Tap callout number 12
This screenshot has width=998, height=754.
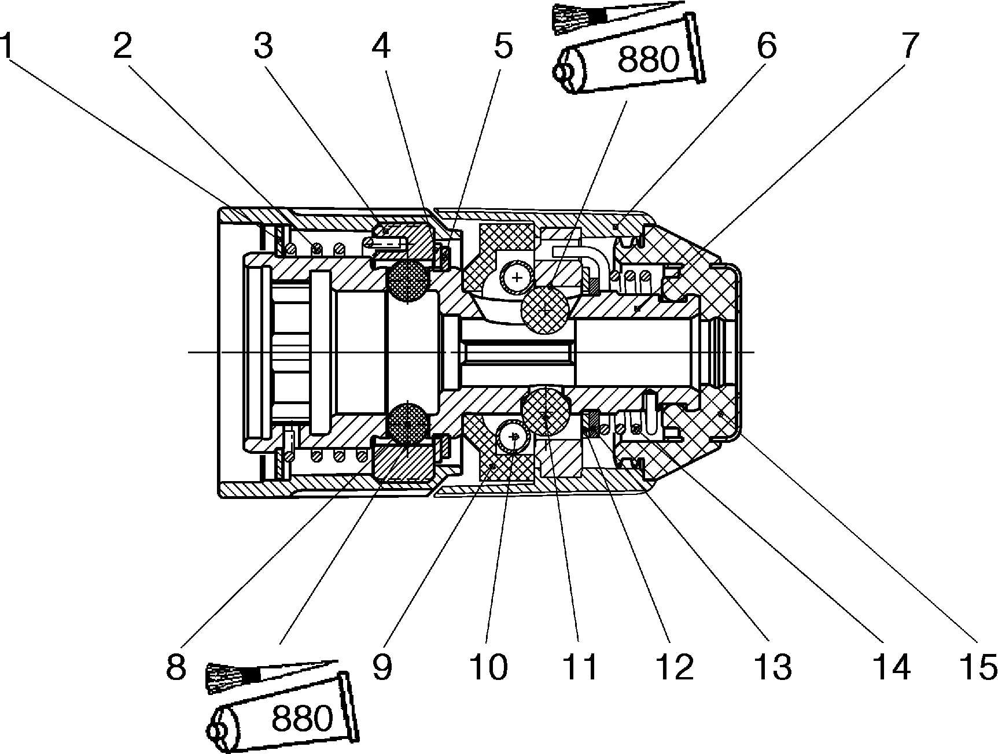tap(675, 667)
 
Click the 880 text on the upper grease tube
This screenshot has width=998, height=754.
tap(647, 60)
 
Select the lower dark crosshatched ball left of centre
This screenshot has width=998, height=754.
tap(408, 424)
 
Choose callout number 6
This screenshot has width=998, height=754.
tap(767, 46)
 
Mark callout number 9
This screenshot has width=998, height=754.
tap(382, 667)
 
